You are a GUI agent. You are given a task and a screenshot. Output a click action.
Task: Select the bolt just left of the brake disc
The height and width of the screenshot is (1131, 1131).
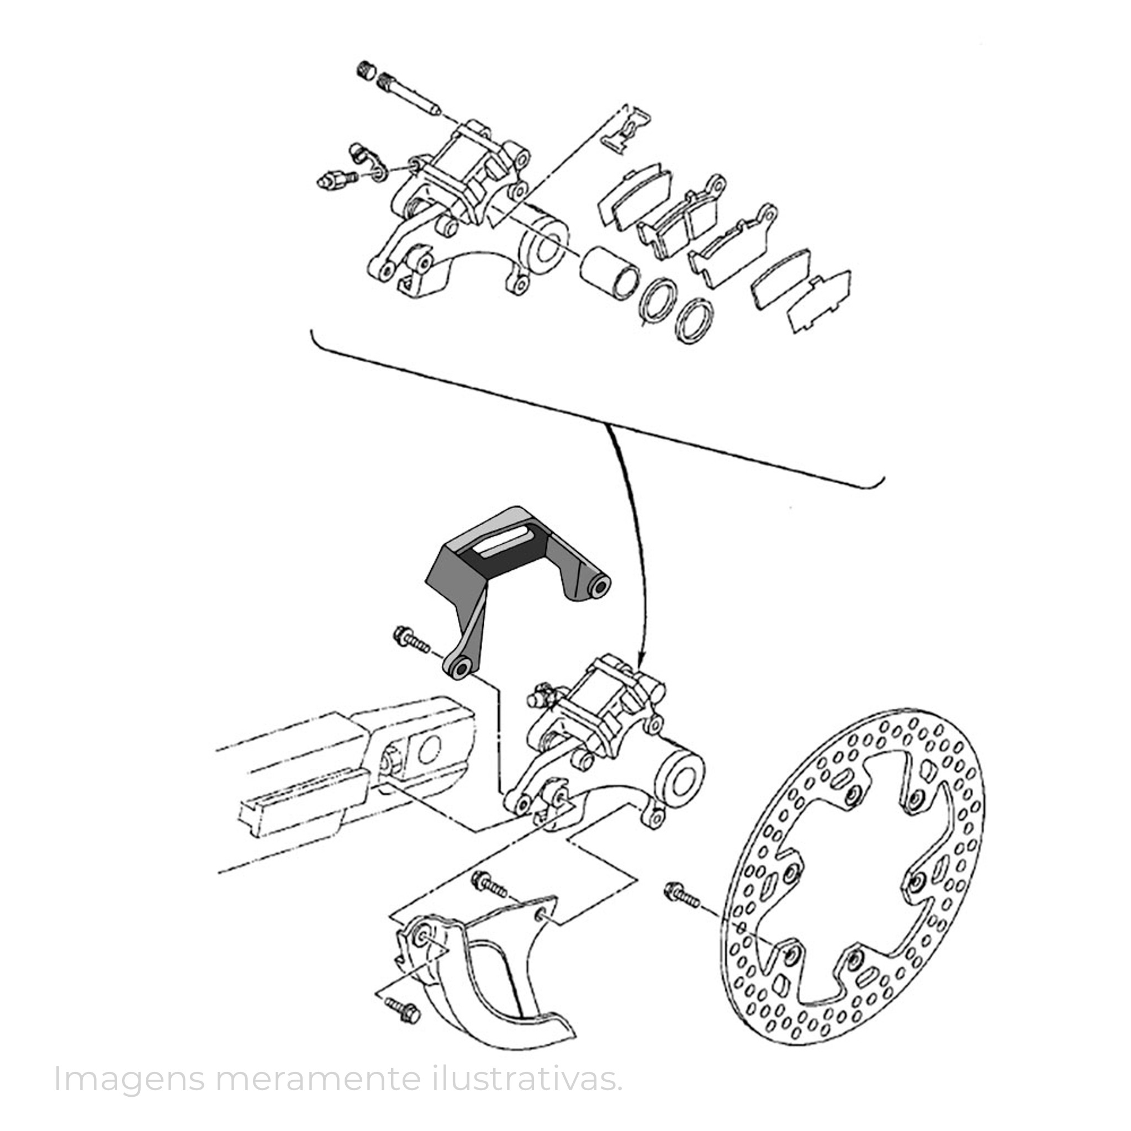click(x=682, y=909)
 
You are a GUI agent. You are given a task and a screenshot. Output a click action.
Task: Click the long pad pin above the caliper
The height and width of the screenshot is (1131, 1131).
click(x=410, y=93)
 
